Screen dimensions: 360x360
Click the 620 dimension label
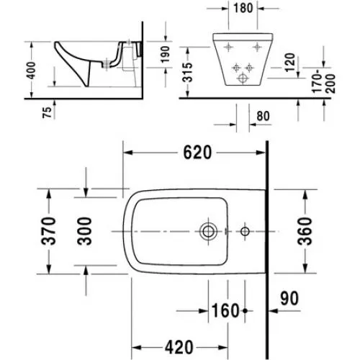pos(197,153)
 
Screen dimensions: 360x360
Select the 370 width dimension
pos(49,231)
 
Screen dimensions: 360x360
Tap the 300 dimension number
pos(84,231)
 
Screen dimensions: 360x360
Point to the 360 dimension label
pos(305,231)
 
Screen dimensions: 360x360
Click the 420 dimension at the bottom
pos(179,347)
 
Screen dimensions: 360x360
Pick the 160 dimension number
pos(225,310)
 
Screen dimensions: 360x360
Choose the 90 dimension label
pos(289,298)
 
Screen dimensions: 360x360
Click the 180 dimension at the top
pos(243,8)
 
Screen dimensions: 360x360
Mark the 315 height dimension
pos(187,72)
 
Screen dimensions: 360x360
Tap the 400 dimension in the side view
pos(31,71)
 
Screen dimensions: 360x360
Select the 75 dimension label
pos(47,112)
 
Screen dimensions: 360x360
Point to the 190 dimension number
pos(166,55)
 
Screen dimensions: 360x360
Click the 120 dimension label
pos(289,63)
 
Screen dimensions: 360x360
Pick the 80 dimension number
pos(263,116)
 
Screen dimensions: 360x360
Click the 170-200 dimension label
pos(323,81)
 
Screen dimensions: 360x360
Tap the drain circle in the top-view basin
pos(208,231)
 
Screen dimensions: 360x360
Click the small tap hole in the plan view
pos(245,231)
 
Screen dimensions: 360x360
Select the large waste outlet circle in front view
pos(243,78)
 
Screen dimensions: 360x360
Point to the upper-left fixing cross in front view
pos(228,47)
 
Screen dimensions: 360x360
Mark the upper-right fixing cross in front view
pos(257,47)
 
